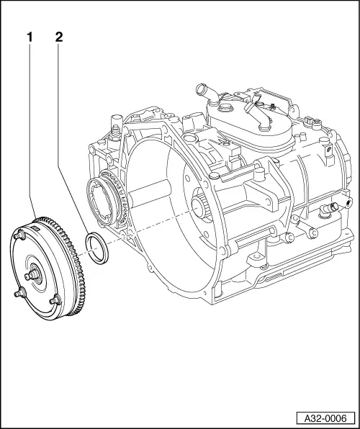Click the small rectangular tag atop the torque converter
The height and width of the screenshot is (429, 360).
[x=34, y=226]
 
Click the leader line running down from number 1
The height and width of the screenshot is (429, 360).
[x=30, y=130]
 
